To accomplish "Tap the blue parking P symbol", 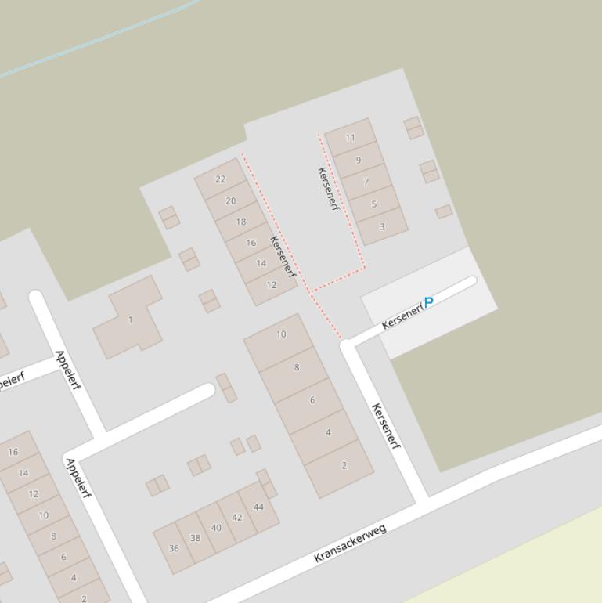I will coord(428,301).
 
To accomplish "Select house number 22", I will coord(220,179).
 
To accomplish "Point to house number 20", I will coord(230,201).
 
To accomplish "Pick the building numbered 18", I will coord(240,222).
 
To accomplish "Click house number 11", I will coord(350,138).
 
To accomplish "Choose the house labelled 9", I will coord(359,161).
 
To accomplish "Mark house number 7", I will coord(366,182).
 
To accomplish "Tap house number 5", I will coord(374,204).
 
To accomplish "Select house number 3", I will coord(382,227).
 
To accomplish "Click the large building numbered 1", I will coord(130,320).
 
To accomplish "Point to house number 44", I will coord(258,507).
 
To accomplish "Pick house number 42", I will coord(236,518).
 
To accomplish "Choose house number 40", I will coord(216,528).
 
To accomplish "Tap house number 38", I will coord(195,538).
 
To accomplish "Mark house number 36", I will coord(174,548).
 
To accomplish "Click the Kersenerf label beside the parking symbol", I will coord(402,316).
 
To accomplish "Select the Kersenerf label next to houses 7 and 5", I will coord(329,189).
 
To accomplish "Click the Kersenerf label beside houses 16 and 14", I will coord(283,256).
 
